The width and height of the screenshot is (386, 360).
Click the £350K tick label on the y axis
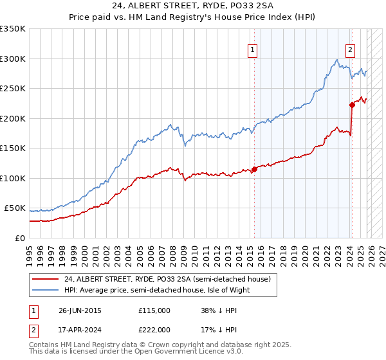(x=13, y=29)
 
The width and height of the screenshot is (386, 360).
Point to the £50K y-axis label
(x=15, y=208)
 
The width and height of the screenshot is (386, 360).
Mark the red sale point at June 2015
(x=255, y=169)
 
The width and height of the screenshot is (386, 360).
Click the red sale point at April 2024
(x=352, y=105)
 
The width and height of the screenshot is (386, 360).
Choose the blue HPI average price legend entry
(x=156, y=290)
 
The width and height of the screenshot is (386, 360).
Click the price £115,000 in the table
(x=154, y=310)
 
